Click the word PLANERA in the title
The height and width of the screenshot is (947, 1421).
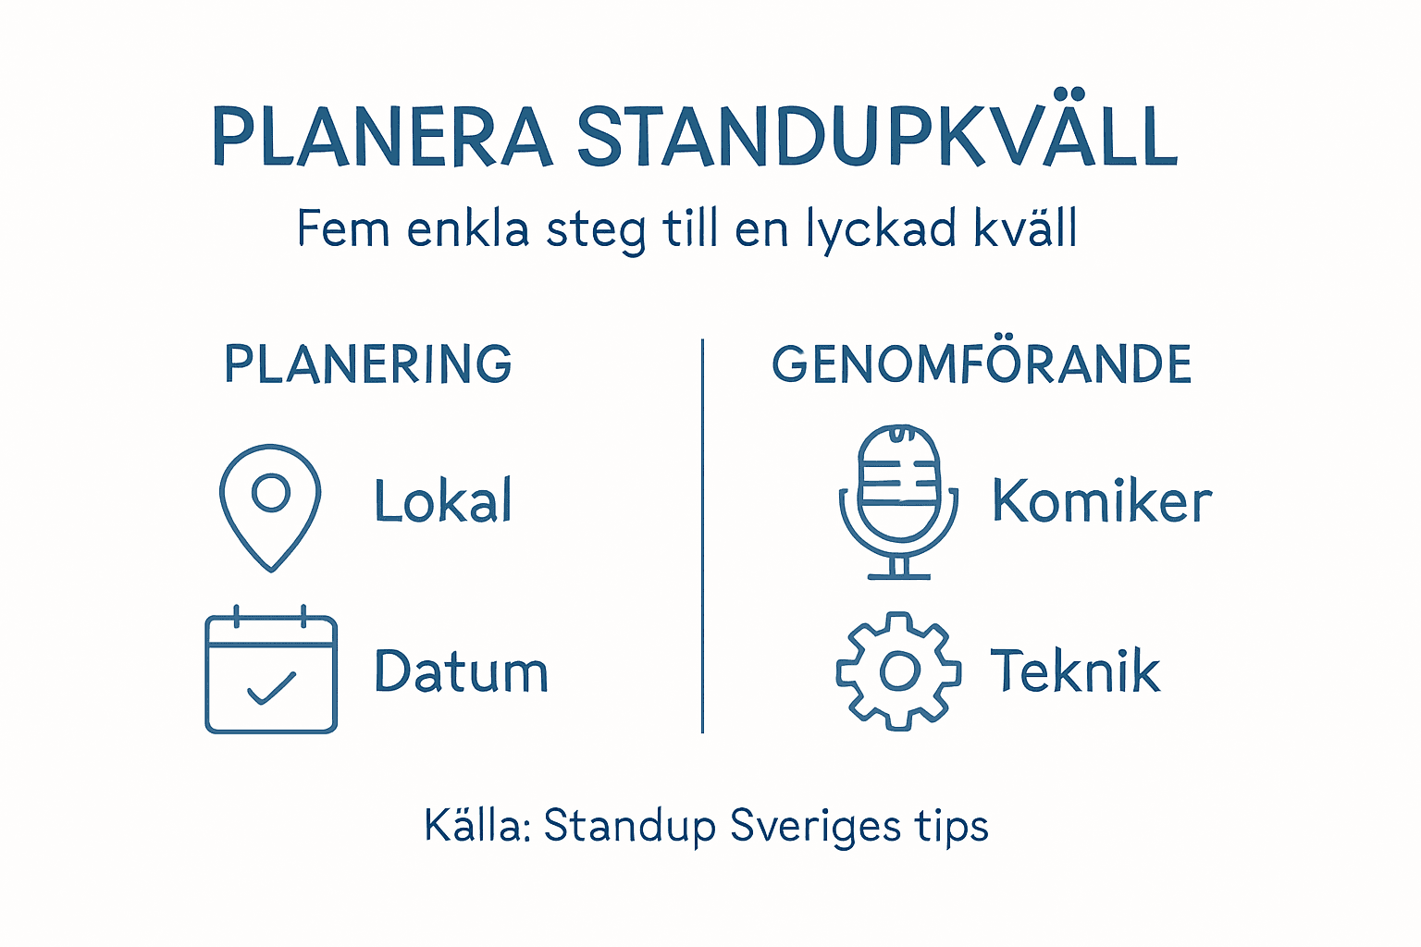[381, 137]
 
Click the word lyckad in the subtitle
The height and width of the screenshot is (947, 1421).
[883, 229]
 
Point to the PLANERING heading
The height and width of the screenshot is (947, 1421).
[368, 363]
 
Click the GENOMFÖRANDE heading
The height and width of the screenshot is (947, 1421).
[982, 363]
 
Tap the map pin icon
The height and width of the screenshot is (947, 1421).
[270, 507]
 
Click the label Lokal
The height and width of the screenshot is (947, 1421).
[443, 501]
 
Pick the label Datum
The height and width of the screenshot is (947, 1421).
[461, 671]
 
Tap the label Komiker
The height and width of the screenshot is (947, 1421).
[1101, 501]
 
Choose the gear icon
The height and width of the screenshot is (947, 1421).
[898, 670]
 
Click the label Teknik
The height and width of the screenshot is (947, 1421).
[1075, 670]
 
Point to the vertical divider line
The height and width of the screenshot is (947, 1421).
[703, 536]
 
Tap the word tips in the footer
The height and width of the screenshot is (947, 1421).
[952, 826]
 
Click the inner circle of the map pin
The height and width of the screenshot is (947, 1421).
[271, 492]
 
